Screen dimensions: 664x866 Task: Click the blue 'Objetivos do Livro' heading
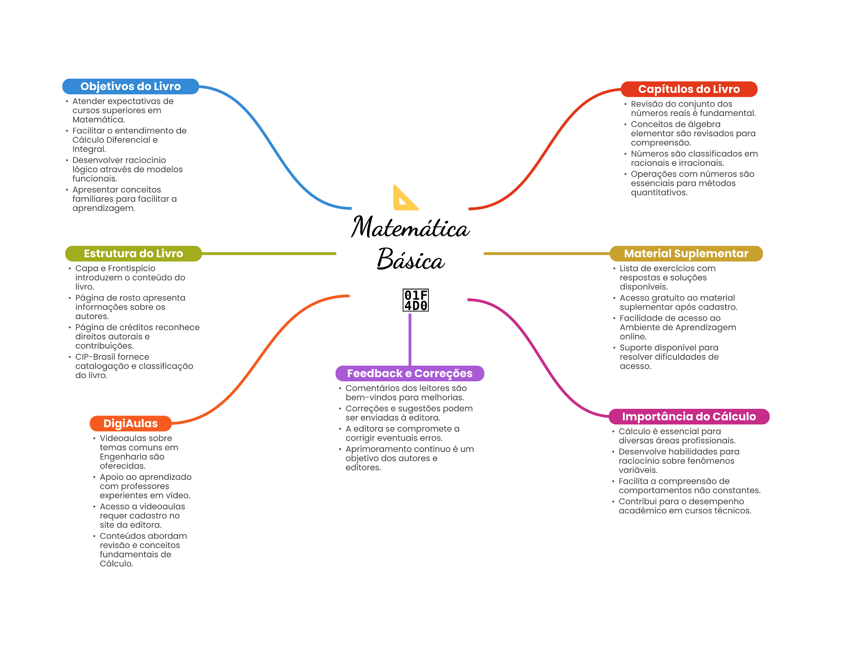[131, 86]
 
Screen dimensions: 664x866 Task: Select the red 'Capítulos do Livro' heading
[689, 89]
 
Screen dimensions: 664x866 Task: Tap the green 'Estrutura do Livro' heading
[133, 253]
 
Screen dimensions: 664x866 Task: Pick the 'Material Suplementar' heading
[686, 253]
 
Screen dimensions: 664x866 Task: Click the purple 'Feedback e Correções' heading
[410, 373]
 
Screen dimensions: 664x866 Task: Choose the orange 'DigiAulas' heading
[130, 423]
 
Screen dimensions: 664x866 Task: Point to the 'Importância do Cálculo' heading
[689, 416]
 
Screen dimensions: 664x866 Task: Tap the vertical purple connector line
[410, 339]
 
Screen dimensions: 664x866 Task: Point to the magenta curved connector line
[537, 355]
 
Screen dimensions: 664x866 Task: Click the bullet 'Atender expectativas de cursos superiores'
[123, 110]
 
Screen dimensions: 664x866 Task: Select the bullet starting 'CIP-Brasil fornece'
[134, 366]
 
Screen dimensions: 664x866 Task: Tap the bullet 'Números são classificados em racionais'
[694, 158]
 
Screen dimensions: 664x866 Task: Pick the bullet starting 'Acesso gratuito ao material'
[678, 303]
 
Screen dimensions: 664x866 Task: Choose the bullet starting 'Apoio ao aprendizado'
[145, 486]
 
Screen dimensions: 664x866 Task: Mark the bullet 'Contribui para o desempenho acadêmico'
[685, 506]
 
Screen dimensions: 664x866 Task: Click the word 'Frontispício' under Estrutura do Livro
[132, 268]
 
